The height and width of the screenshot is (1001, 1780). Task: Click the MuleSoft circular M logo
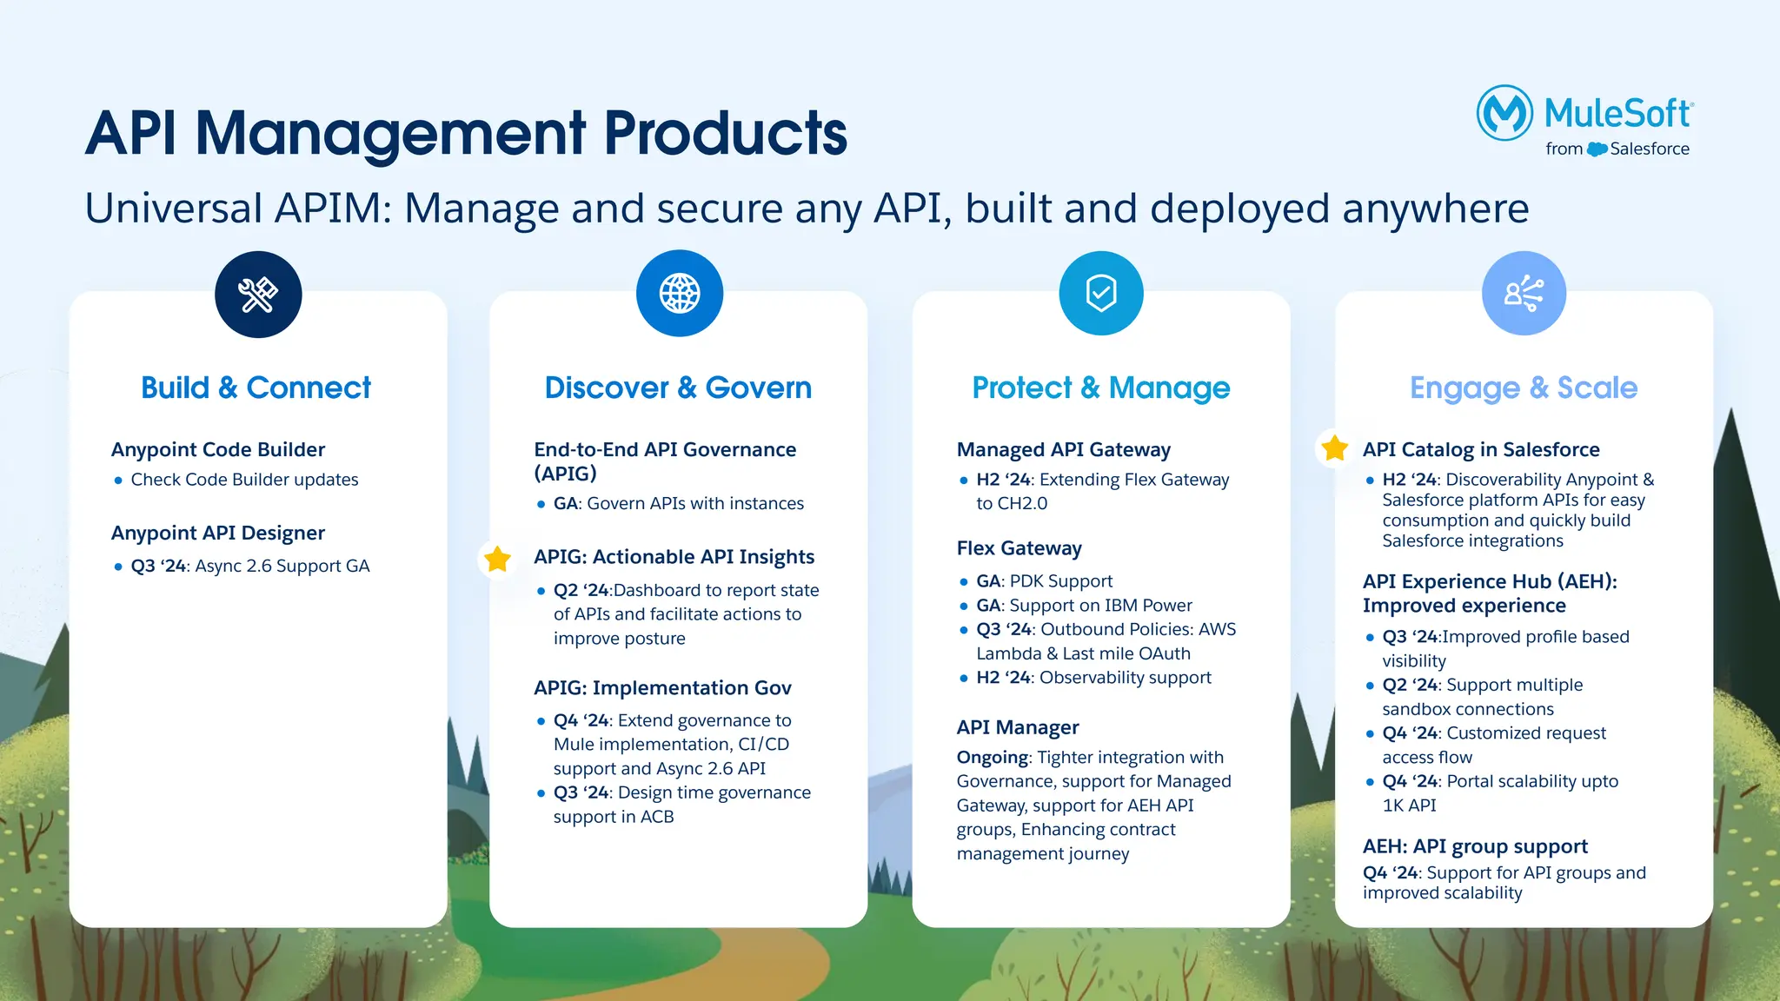(x=1504, y=113)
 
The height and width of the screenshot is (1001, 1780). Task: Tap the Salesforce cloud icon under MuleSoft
(x=1597, y=149)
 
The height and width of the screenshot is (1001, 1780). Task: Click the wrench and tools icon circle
(x=258, y=295)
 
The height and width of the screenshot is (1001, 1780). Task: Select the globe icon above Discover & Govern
(x=680, y=293)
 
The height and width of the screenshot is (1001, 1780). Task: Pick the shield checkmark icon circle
(x=1101, y=293)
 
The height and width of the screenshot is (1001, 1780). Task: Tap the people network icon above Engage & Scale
(x=1524, y=293)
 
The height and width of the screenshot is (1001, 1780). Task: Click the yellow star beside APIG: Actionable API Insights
(x=497, y=559)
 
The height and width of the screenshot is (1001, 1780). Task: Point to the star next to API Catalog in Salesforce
(x=1334, y=448)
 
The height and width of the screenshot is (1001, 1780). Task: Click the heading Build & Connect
(x=256, y=388)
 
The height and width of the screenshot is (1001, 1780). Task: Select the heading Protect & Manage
(x=1101, y=388)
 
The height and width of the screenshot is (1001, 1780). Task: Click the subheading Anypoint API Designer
(x=218, y=533)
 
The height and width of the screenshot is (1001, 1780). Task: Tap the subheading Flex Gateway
(x=1020, y=548)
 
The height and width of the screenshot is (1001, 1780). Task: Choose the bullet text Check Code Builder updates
(x=244, y=480)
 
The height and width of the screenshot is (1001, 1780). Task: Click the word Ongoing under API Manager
(x=992, y=758)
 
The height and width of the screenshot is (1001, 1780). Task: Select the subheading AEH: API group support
(x=1475, y=846)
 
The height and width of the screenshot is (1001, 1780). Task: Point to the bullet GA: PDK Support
(x=1044, y=581)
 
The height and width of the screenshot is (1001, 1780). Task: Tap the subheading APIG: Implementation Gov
(x=662, y=688)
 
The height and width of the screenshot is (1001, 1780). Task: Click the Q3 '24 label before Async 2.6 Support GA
(x=159, y=567)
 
